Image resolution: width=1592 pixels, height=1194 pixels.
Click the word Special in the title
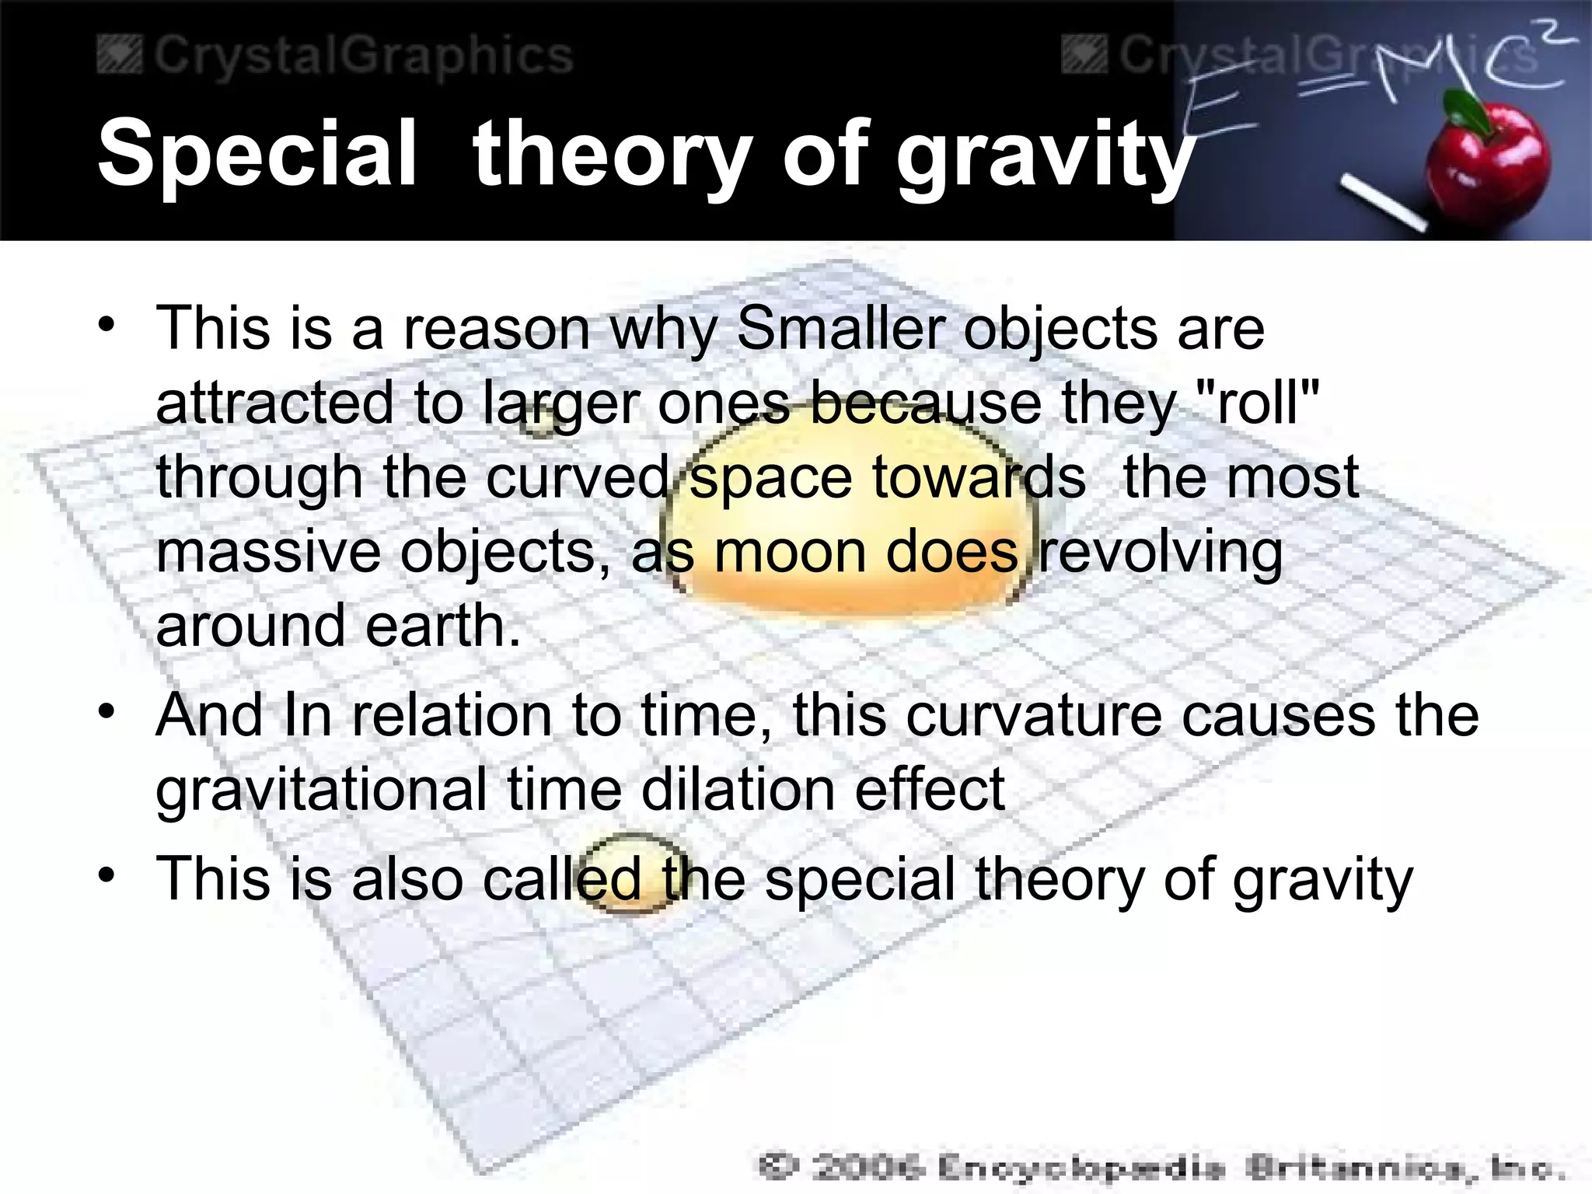coord(257,153)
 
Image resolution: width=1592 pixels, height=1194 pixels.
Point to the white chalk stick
coord(1383,204)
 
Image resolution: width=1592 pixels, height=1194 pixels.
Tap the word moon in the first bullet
coord(790,552)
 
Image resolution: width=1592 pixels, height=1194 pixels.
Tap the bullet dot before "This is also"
coord(107,875)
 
